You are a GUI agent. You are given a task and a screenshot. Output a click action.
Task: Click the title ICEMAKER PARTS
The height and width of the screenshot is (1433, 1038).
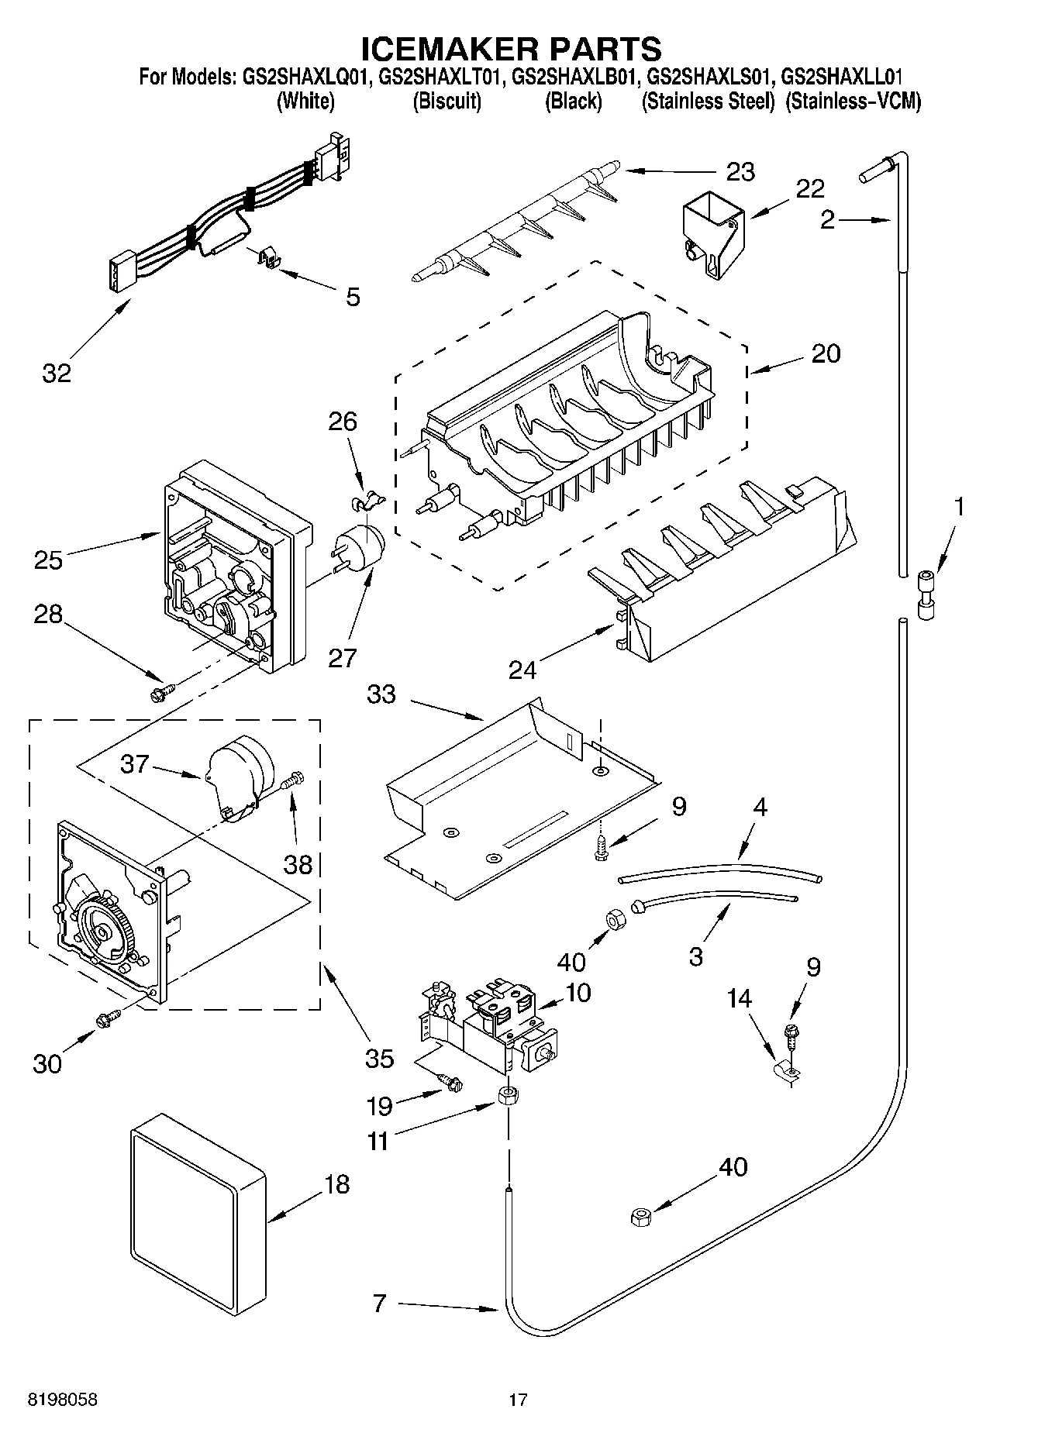[x=512, y=48]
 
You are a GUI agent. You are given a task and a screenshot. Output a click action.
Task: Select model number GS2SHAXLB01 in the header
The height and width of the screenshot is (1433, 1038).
[x=577, y=77]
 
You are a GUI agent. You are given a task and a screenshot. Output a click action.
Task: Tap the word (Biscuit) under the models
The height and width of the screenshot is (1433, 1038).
[x=447, y=102]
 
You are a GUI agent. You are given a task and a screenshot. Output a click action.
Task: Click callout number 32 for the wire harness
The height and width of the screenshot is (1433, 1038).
[x=57, y=373]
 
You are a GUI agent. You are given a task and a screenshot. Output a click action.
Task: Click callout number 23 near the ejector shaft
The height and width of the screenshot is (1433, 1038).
[x=740, y=171]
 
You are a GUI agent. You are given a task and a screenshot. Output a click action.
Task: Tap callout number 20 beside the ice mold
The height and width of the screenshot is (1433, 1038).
[x=826, y=353]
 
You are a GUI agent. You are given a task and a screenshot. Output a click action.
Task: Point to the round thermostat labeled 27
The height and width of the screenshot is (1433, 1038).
[x=362, y=545]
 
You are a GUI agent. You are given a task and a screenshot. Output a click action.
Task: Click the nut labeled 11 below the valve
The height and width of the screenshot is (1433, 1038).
[x=508, y=1094]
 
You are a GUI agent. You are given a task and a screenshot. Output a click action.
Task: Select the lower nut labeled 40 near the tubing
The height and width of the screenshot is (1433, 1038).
[x=640, y=1218]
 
